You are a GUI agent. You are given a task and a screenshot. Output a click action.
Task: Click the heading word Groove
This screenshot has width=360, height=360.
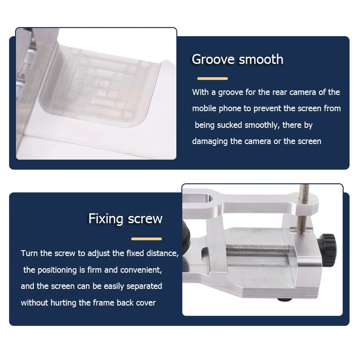[x=213, y=59]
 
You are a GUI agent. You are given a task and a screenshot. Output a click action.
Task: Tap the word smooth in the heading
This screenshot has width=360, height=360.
[x=261, y=59]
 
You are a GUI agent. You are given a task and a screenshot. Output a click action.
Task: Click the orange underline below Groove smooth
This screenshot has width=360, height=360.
[x=212, y=78]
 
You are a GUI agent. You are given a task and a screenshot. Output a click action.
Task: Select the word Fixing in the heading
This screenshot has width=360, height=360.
[x=106, y=219]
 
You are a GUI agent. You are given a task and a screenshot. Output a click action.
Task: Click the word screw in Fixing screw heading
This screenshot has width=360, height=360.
[x=145, y=219]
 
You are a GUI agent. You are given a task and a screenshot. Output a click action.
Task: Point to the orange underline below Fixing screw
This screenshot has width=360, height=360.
[x=147, y=239]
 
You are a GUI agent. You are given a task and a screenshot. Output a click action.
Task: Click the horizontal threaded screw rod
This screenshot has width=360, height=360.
[x=257, y=249]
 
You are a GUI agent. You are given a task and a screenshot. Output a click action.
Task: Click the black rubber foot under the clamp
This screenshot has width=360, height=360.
[x=285, y=299]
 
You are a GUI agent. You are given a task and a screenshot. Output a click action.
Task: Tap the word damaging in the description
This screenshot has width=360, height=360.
[x=210, y=141]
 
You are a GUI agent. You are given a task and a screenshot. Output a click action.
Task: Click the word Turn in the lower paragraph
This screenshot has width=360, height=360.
[x=29, y=253]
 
